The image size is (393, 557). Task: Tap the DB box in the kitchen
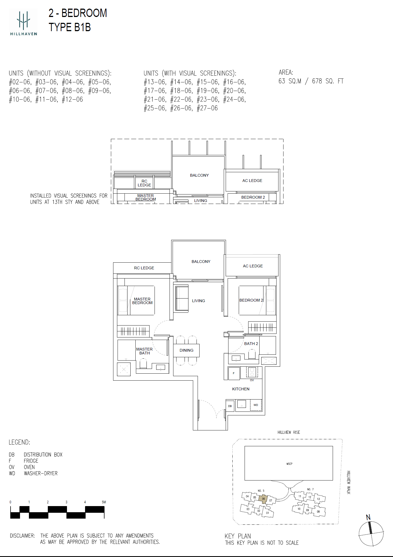point(230,406)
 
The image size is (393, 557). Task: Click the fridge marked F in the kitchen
point(234,373)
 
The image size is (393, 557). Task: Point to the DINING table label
point(186,350)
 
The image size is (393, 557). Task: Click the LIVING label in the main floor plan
point(198,301)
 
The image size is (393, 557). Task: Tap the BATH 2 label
point(251,344)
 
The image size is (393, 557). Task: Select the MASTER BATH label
point(145,351)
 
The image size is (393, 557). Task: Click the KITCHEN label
point(241,389)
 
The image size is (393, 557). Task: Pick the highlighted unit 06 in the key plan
point(263,499)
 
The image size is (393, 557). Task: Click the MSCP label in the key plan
point(289,464)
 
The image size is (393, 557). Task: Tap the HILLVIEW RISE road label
point(289,432)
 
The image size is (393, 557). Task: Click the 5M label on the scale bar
point(104,502)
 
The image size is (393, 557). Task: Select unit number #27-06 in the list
point(207,108)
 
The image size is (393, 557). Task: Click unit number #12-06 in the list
point(73,100)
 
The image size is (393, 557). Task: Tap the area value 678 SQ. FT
point(328,81)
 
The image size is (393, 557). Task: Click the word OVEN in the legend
point(29,467)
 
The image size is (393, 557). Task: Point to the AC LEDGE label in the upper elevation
point(252,181)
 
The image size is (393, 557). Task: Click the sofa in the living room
point(182,299)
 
